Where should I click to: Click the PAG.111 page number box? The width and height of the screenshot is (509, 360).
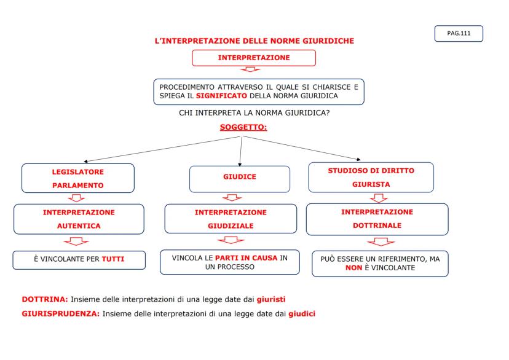[x=458, y=33]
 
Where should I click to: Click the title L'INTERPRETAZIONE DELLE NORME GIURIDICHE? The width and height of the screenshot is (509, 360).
[x=254, y=41]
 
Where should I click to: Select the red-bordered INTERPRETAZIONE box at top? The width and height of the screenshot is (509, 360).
[x=254, y=58]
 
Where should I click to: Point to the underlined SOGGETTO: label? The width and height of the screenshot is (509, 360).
[x=243, y=128]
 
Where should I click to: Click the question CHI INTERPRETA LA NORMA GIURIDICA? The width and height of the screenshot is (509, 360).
[x=254, y=113]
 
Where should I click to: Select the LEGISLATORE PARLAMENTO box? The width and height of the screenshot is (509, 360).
[x=77, y=178]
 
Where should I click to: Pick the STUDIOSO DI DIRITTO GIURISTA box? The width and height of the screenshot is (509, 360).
[x=370, y=176]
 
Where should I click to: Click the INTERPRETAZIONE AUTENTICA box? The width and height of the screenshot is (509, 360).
[x=78, y=219]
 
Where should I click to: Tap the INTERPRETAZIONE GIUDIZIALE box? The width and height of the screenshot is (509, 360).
[x=231, y=219]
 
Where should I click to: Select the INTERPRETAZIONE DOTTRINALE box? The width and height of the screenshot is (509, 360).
[x=377, y=219]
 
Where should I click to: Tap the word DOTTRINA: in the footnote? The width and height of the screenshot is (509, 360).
[x=45, y=299]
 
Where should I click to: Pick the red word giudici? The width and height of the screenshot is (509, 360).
[x=302, y=313]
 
